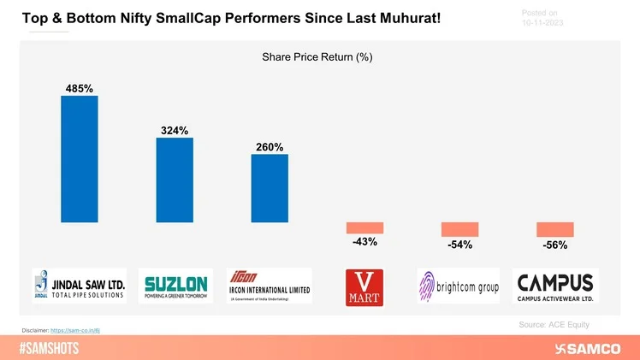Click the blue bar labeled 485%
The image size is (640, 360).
coord(79,158)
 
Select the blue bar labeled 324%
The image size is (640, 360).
coord(174,180)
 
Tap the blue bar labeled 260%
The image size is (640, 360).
coord(270,188)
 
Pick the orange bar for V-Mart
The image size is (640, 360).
coord(364,227)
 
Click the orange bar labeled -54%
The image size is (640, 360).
coord(459,229)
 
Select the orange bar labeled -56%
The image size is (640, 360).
coord(554,229)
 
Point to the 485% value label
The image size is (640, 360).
coord(79,87)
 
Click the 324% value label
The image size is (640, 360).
coord(174,130)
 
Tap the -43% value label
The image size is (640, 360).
coord(364,242)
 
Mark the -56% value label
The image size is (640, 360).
coord(554,245)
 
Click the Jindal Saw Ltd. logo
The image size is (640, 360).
coord(79,286)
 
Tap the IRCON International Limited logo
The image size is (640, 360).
coord(269,286)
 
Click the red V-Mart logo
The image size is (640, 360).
coord(364,286)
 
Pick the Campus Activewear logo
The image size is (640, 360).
coord(554,286)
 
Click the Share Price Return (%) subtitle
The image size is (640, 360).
coord(317,57)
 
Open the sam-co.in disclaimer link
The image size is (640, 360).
coord(76,329)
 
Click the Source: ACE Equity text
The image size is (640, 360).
coord(554,324)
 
